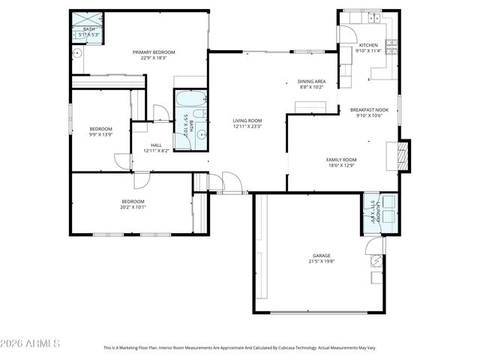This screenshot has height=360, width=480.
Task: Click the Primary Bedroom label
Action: point(154,52)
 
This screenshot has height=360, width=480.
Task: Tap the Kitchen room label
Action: point(368,45)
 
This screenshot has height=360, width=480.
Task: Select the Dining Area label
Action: point(311,81)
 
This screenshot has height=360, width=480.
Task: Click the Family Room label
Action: point(341,159)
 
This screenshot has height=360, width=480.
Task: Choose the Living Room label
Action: point(247,120)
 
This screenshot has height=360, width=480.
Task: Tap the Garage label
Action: point(319,256)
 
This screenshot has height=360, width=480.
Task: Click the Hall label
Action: point(156,145)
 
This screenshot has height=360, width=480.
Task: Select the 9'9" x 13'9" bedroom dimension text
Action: point(100,134)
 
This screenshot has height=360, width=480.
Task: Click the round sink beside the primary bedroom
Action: point(76,53)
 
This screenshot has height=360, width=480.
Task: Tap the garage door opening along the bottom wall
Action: point(319,312)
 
